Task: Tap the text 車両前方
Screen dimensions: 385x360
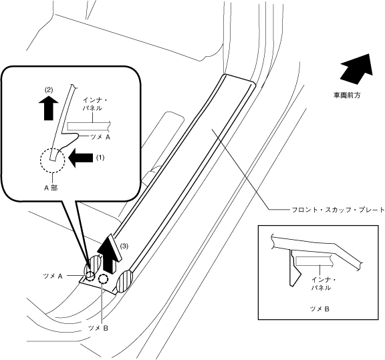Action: coord(347,96)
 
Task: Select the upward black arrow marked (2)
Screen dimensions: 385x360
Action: coord(49,108)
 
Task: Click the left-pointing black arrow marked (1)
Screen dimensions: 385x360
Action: coord(80,158)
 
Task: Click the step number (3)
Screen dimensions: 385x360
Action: coord(124,246)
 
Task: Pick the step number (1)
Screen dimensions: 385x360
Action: coord(100,158)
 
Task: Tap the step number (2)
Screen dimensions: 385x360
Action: coord(48,90)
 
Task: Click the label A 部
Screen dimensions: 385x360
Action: coord(51,188)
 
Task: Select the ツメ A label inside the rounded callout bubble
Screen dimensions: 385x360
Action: coord(100,138)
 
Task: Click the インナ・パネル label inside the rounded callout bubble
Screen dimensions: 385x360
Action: coord(92,104)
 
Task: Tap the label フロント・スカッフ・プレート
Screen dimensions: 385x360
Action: coord(338,210)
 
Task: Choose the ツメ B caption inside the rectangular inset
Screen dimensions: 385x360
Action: coord(319,309)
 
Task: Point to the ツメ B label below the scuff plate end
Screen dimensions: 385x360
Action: coord(98,328)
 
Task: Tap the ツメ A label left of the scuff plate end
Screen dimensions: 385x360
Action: coord(53,276)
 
